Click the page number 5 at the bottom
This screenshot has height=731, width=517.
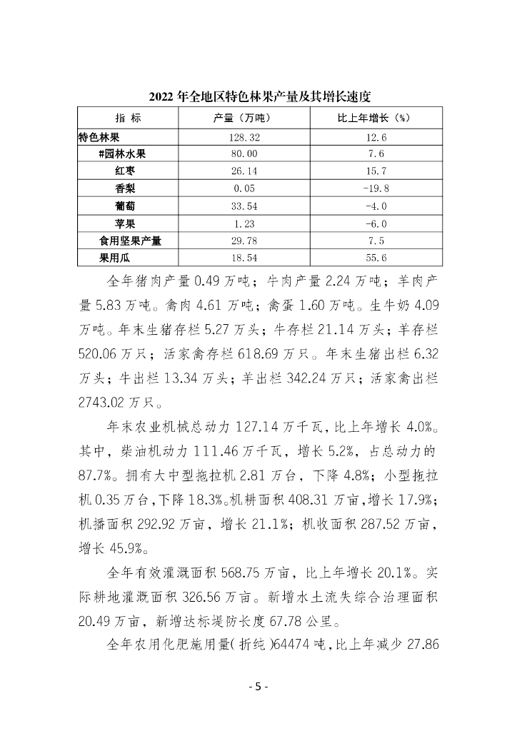click(x=258, y=687)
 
